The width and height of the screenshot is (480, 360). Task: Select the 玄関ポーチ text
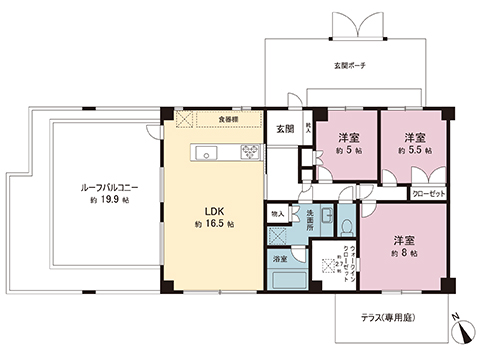pos(349,65)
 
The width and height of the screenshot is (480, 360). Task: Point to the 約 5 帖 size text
pos(348,149)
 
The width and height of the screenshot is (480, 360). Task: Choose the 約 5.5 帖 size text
pos(414,149)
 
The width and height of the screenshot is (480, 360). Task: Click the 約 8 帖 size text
pos(403,253)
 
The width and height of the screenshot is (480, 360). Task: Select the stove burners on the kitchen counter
pos(248,154)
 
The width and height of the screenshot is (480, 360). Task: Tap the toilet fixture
pos(343,223)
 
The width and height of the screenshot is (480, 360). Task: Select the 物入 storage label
pos(277,213)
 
